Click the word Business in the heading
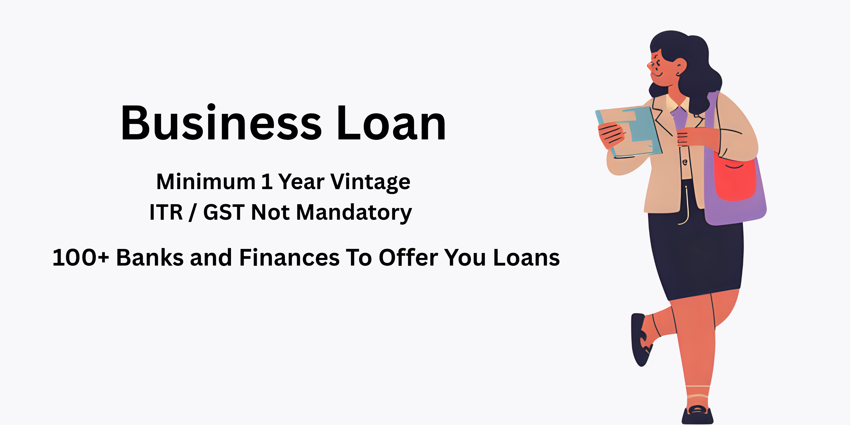[x=221, y=123]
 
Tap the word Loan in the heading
[x=391, y=123]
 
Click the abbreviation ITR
[x=166, y=212]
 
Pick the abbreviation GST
[x=224, y=212]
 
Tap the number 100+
[x=81, y=258]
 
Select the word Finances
[x=289, y=258]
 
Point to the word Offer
[x=408, y=258]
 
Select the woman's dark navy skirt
[x=696, y=254]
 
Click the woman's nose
[x=650, y=65]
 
